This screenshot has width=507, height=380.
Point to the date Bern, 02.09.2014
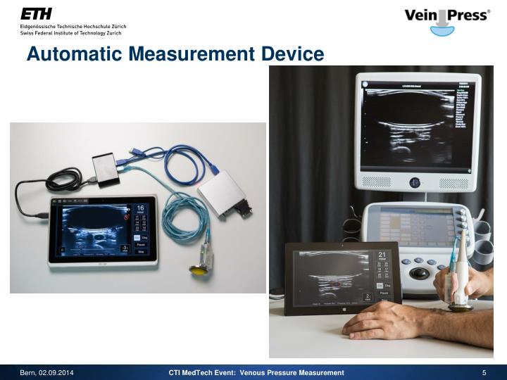[x=46, y=372]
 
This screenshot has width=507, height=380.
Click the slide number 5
[x=484, y=372]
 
